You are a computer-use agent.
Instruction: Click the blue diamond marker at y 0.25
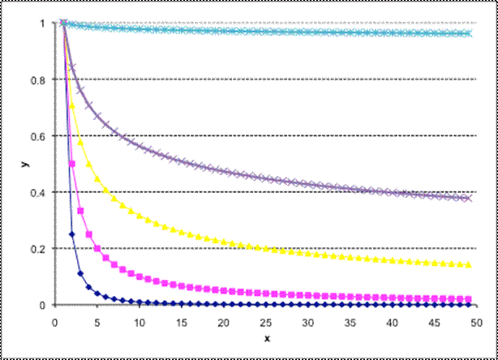[71, 234]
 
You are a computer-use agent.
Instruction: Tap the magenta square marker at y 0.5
[71, 164]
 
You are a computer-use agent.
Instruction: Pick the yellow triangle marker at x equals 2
[71, 105]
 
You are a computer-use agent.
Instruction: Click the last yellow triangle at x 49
[469, 264]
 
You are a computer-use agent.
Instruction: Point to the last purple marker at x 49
[469, 198]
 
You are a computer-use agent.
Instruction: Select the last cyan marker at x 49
[469, 33]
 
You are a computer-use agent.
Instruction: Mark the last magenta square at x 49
[469, 298]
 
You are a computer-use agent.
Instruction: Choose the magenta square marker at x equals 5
[97, 248]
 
